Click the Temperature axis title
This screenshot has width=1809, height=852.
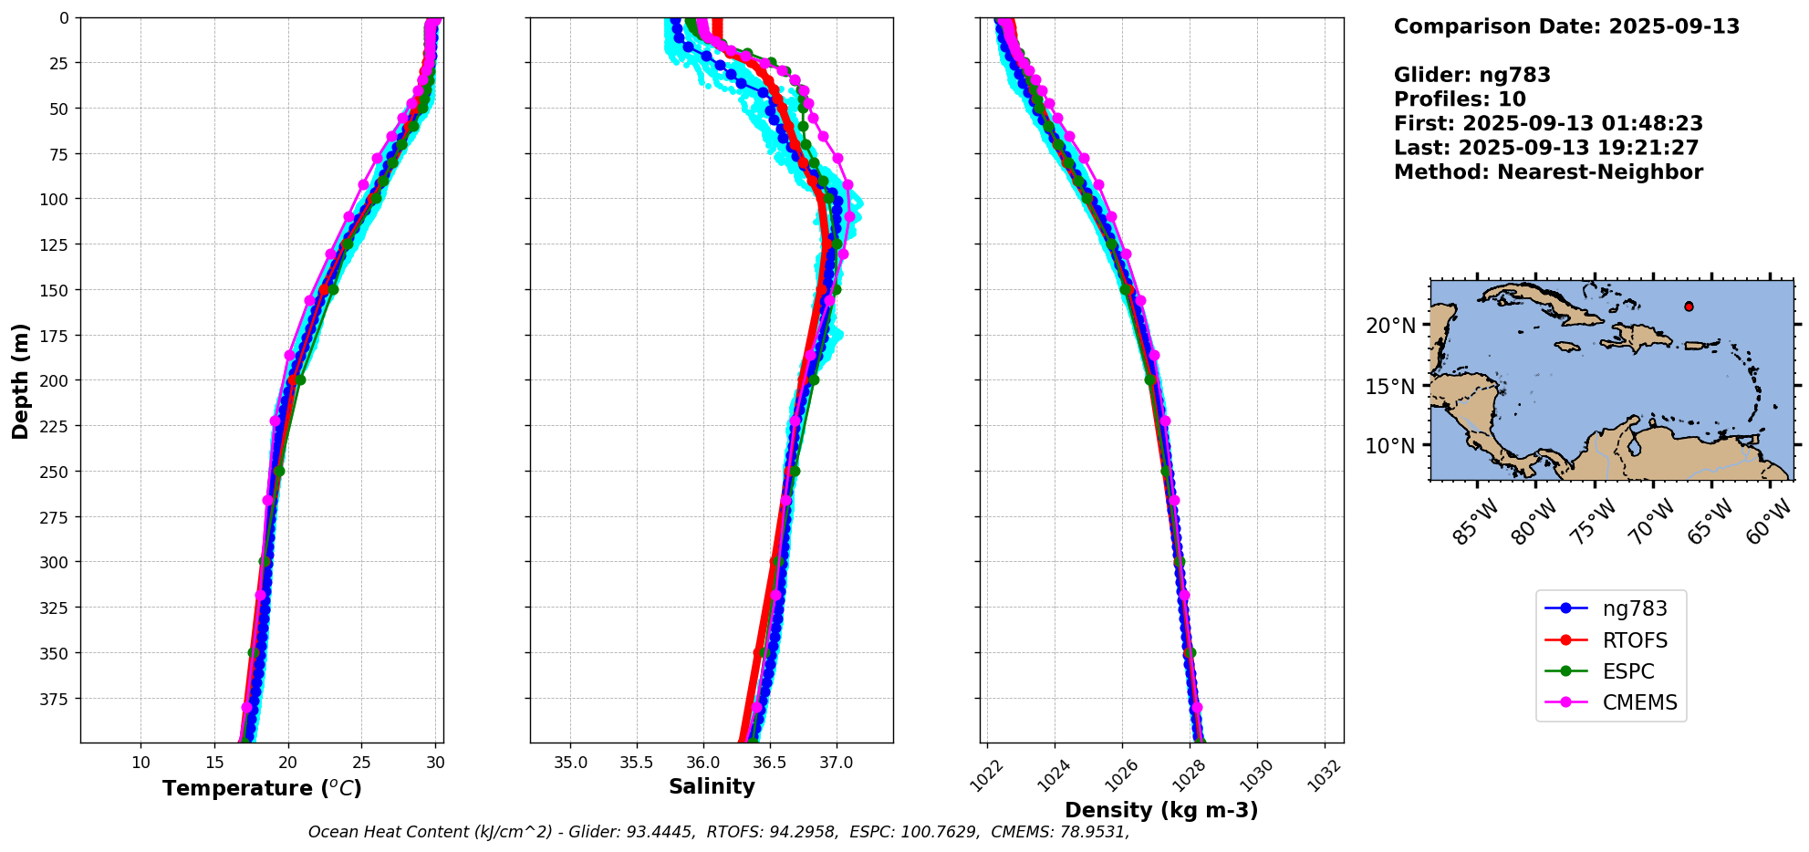[262, 788]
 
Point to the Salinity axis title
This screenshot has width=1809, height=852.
[712, 786]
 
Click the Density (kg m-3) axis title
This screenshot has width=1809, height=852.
[1161, 810]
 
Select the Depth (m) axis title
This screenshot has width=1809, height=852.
[20, 380]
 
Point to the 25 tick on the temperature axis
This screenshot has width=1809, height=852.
[361, 763]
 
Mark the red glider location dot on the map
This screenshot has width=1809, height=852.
[1689, 307]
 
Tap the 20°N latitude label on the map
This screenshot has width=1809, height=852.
[1390, 326]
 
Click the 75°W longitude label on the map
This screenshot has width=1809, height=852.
[1594, 523]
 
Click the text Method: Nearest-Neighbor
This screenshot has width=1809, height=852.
[1548, 172]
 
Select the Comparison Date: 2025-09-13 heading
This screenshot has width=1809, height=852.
[1566, 26]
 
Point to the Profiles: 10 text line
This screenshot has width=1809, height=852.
[1460, 99]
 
